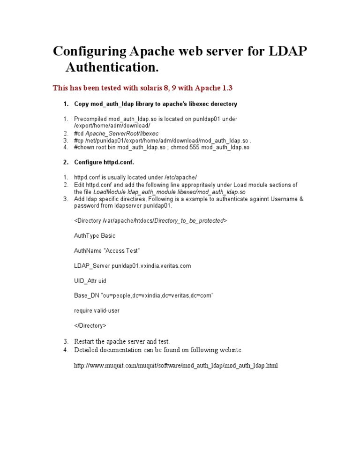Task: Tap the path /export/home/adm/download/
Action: coord(112,126)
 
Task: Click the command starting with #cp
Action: coord(163,140)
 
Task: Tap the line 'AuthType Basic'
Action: coord(95,235)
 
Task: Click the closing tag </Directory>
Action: coord(90,325)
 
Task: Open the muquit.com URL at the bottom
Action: coord(176,365)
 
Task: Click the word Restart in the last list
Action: coord(85,341)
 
